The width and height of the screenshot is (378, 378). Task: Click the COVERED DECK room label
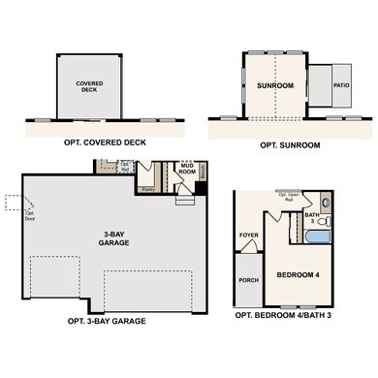click(x=90, y=87)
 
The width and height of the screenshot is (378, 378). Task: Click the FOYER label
click(x=248, y=235)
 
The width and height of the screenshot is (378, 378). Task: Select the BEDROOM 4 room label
click(x=299, y=274)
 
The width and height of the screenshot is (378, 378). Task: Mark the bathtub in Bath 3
click(x=318, y=236)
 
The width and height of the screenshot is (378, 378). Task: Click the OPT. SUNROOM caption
click(x=287, y=144)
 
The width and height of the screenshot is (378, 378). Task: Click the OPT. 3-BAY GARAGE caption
click(x=107, y=321)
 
